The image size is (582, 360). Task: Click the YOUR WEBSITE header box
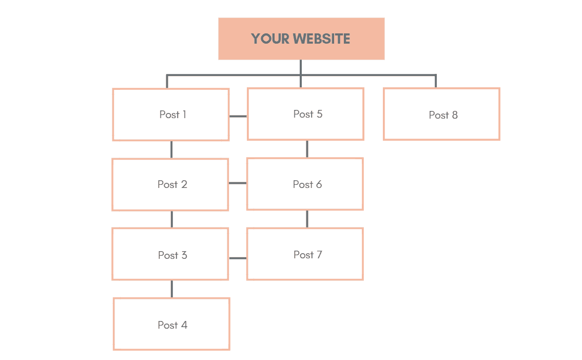pos(301,39)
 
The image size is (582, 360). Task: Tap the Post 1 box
pos(171,115)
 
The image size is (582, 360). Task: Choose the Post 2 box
pos(170,184)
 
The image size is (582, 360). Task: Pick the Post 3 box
pos(170,255)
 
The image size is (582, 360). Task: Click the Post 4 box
pos(171,325)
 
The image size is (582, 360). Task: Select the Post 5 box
pos(306,114)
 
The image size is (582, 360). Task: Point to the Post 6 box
pos(305,184)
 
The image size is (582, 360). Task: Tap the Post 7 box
pos(305,254)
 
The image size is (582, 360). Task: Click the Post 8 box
pos(441,114)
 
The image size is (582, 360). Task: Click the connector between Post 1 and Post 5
pos(238,116)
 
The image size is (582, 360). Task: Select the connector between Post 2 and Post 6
pos(238,183)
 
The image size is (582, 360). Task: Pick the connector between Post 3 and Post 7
pos(238,258)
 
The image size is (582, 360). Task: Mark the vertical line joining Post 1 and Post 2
pos(171,149)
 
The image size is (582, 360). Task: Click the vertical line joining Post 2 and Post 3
pos(171,219)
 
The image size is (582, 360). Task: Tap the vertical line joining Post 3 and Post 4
pos(171,289)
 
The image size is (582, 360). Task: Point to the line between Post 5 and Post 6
pos(307,148)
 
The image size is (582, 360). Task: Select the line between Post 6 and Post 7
pos(307,218)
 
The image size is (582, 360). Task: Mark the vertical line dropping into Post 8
pos(436,82)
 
